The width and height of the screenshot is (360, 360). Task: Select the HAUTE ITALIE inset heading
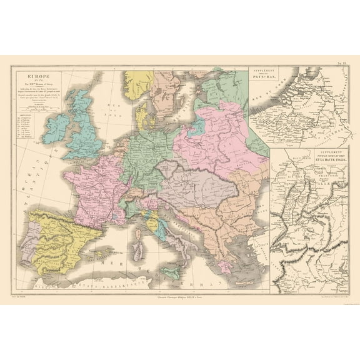309,161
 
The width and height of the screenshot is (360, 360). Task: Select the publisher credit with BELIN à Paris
179,286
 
